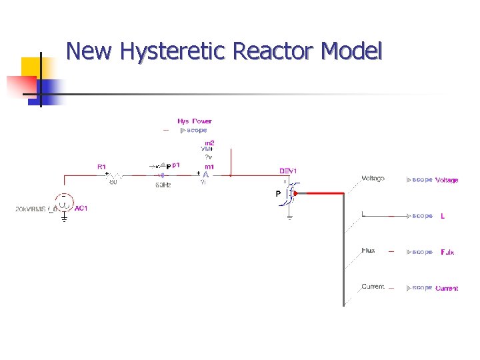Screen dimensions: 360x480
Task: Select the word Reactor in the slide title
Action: tap(277, 51)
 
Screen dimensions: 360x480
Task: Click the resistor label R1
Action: tap(101, 165)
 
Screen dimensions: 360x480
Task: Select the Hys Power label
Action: tap(195, 121)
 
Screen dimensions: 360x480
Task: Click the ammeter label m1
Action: tap(209, 166)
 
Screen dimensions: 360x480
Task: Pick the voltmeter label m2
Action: tap(209, 143)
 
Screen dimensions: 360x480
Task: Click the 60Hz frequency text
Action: tap(163, 185)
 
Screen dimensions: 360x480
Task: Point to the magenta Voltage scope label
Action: tap(447, 180)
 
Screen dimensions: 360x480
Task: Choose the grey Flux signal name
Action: tap(368, 251)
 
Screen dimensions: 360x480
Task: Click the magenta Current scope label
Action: tap(447, 289)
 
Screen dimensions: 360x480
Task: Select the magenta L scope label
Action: tap(443, 216)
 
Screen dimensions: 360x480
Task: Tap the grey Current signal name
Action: tap(373, 287)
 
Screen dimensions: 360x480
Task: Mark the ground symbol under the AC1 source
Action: tap(64, 217)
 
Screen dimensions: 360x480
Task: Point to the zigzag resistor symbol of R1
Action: tap(114, 175)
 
